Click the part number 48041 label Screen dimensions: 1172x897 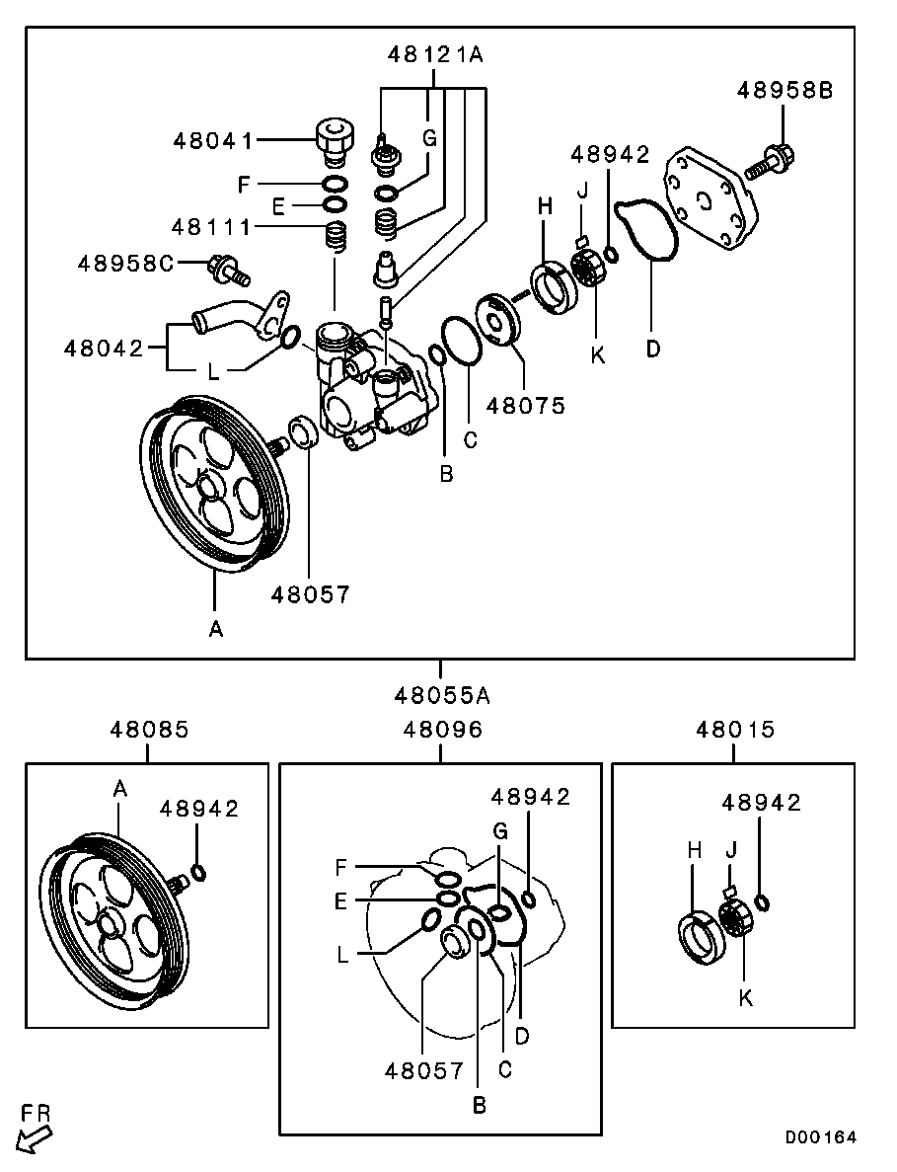(213, 140)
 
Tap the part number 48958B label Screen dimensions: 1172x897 (785, 91)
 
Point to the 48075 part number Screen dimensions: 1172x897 (526, 405)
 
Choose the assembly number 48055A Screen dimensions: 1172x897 (441, 695)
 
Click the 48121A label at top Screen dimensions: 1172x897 (434, 56)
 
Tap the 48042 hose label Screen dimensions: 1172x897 (104, 348)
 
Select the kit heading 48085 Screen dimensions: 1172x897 (148, 730)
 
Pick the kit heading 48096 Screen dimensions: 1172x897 (441, 730)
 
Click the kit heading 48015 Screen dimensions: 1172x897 (735, 730)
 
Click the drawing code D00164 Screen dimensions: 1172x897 (821, 1137)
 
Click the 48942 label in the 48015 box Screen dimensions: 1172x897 (761, 803)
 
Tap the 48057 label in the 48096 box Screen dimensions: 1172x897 (423, 1070)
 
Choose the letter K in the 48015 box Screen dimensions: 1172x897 (746, 997)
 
